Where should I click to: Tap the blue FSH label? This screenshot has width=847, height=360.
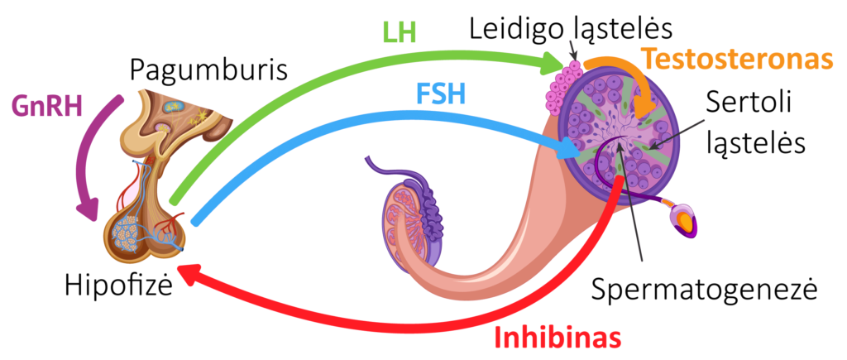(x=439, y=94)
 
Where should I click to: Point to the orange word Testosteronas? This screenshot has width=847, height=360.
(x=736, y=60)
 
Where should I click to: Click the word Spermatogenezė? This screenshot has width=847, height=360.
(x=705, y=289)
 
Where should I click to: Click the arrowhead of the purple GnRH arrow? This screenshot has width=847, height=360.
(x=90, y=212)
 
